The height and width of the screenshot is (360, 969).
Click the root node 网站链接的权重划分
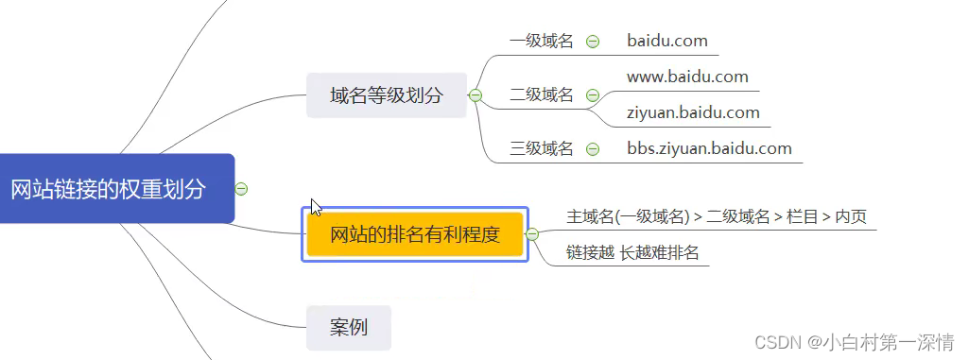point(108,189)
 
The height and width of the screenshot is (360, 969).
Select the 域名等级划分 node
point(386,95)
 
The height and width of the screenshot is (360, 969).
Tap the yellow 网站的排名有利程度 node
point(414,234)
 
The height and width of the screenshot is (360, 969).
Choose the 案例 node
point(348,328)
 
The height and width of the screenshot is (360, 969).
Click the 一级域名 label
point(541,42)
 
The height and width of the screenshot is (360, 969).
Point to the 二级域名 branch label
point(541,95)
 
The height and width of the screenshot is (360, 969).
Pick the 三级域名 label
point(541,148)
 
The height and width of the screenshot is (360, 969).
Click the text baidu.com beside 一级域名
point(666,42)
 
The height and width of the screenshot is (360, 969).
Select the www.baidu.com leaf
point(687,77)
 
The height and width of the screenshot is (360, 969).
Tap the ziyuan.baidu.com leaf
point(693,112)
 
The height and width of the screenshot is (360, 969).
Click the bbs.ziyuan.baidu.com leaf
point(709,148)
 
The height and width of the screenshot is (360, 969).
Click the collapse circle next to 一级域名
point(593,42)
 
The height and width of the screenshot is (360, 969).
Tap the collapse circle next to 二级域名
point(593,95)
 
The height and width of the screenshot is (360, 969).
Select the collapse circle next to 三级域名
point(593,148)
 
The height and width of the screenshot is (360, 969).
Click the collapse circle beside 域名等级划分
point(476,95)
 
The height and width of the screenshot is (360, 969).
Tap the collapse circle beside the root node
point(241,189)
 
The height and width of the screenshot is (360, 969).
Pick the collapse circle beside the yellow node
point(532,234)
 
